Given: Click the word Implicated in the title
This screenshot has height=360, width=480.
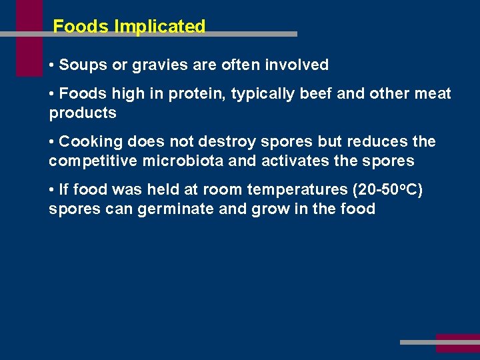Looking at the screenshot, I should point(160,27).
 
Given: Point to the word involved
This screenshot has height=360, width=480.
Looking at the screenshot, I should point(297,65).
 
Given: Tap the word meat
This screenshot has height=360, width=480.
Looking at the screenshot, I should point(431,94).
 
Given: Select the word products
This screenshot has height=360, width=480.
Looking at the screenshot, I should point(83,113).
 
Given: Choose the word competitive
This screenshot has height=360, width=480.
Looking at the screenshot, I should point(91,161).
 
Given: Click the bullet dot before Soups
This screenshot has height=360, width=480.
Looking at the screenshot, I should point(52,65).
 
